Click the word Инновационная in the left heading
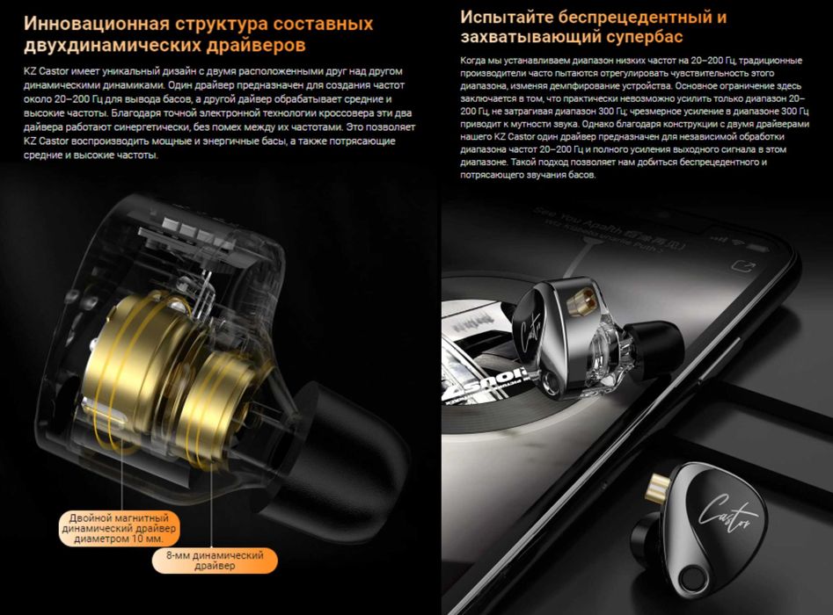[97, 24]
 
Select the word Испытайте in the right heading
[507, 18]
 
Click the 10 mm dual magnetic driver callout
[119, 528]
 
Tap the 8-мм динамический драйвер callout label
[215, 561]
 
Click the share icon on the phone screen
[742, 264]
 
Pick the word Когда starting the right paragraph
[472, 61]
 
